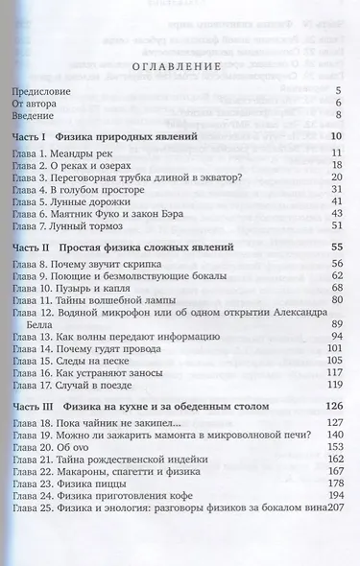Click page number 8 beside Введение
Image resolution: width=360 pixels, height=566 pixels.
pyautogui.click(x=340, y=116)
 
